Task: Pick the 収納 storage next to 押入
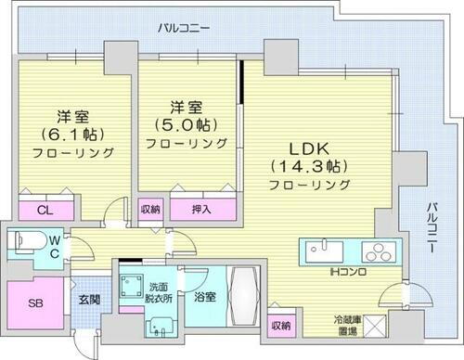(150, 209)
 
